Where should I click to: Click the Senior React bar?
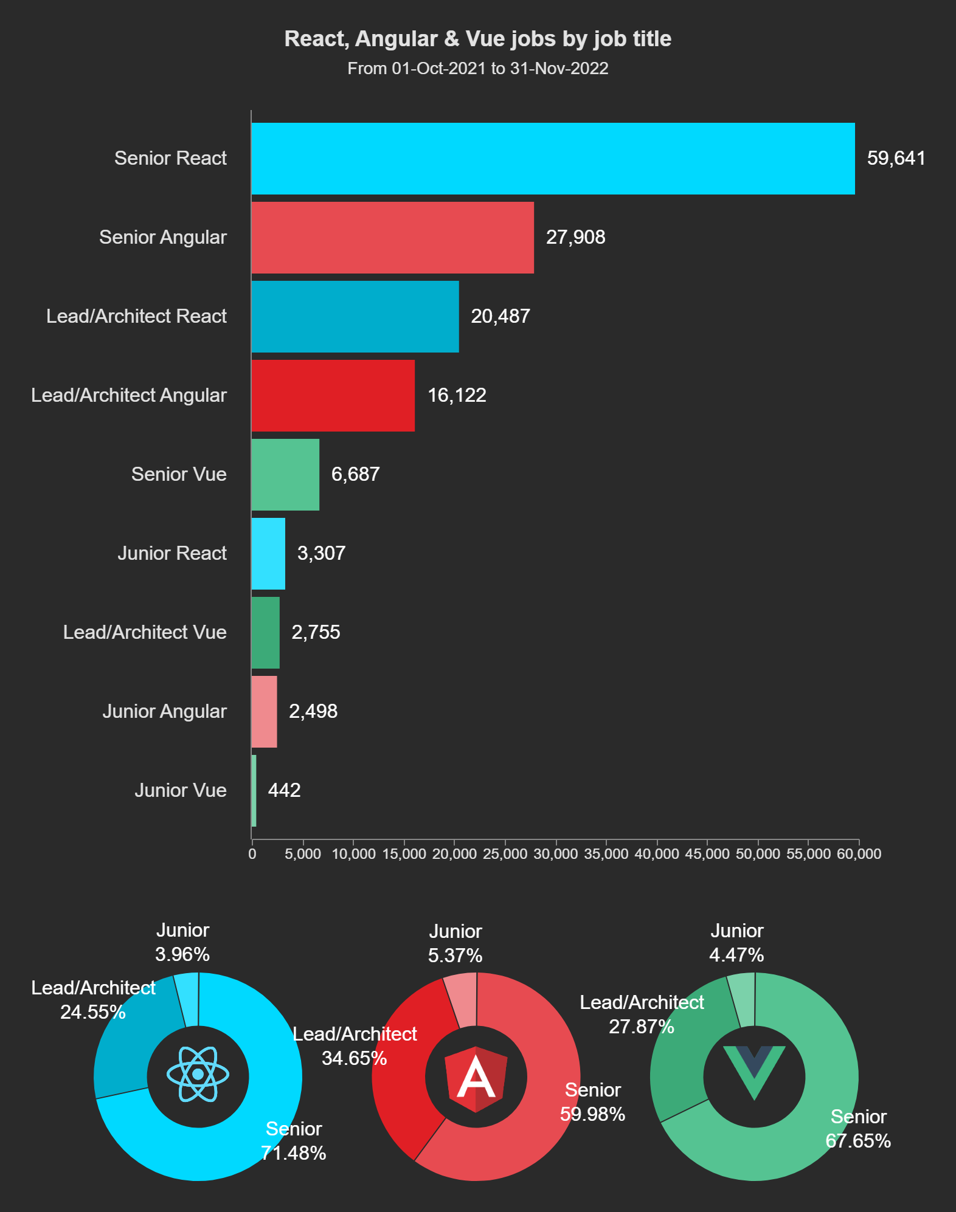coord(553,159)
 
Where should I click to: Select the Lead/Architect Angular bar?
coord(333,396)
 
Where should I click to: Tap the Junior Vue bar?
coord(254,791)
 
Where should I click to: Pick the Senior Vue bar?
coord(285,475)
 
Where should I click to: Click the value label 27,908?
coord(575,237)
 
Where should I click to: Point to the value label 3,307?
coord(321,553)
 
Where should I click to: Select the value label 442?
coord(284,790)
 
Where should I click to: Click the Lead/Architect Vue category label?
coord(145,632)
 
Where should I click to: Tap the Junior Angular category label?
coord(164,711)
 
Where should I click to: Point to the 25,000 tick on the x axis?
coord(505,853)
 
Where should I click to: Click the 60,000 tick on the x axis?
coord(859,853)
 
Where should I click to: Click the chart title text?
coord(478,39)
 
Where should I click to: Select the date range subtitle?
coord(478,69)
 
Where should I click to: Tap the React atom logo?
coord(198,1075)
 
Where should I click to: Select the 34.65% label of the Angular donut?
coord(355,1058)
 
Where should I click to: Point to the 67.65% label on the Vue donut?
coord(858,1141)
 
